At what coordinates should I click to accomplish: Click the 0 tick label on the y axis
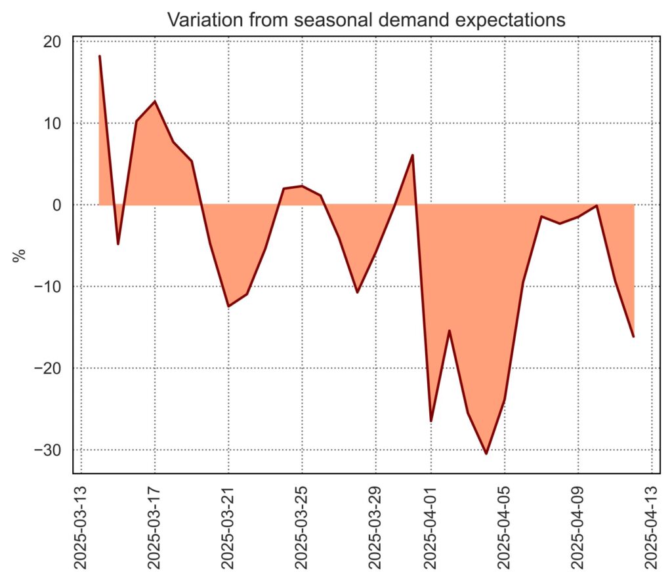(58, 205)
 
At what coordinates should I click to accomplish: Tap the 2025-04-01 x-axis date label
(431, 525)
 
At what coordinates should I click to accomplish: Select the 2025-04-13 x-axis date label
(652, 525)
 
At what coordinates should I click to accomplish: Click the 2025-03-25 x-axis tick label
(302, 525)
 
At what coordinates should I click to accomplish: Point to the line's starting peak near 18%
(100, 56)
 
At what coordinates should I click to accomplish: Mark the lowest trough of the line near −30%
(486, 453)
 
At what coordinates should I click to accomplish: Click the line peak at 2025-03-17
(155, 101)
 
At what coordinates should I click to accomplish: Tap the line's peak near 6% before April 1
(412, 155)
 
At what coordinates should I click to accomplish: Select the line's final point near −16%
(633, 336)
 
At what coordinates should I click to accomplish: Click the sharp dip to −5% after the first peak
(118, 244)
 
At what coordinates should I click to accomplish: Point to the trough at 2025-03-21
(228, 306)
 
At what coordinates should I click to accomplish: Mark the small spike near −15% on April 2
(450, 331)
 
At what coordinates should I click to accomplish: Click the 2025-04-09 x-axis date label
(578, 525)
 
